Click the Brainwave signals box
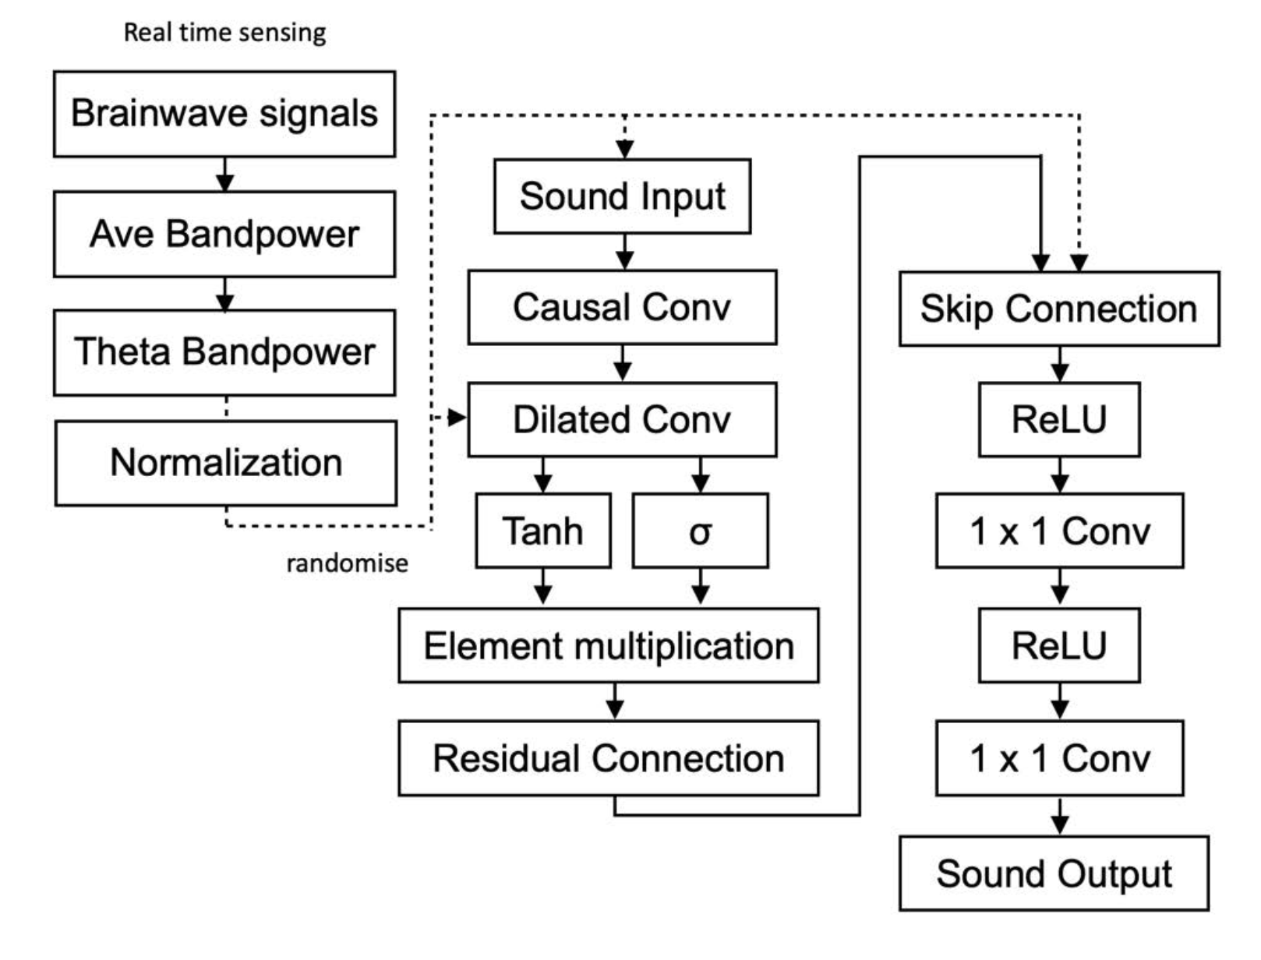click(x=224, y=114)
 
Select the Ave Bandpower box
click(x=224, y=234)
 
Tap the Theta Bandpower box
click(x=224, y=352)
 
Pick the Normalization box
click(x=226, y=463)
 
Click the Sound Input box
click(x=622, y=196)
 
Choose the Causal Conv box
click(x=622, y=307)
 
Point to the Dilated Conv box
click(x=622, y=419)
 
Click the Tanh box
click(x=543, y=531)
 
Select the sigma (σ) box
click(x=700, y=531)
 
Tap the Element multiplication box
click(x=609, y=645)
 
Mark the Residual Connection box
click(x=609, y=758)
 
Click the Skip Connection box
click(x=1059, y=309)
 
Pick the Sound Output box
click(x=1054, y=874)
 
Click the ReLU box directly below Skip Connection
click(x=1059, y=419)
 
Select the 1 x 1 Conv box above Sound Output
click(x=1059, y=758)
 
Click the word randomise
click(x=347, y=563)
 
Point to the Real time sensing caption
click(x=224, y=32)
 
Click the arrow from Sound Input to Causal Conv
click(x=624, y=252)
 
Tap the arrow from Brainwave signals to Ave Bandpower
click(x=224, y=174)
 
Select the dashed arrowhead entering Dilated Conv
click(x=456, y=418)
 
